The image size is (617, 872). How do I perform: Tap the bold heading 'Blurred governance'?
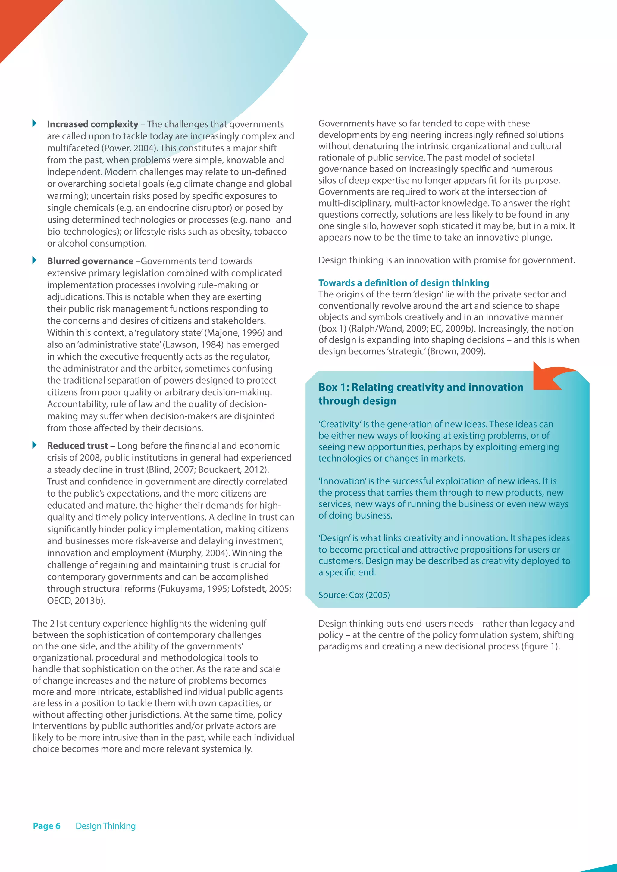(90, 261)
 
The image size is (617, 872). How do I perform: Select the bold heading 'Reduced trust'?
(77, 446)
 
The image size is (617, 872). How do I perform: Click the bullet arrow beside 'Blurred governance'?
(35, 260)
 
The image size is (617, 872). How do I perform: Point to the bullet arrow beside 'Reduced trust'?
(35, 445)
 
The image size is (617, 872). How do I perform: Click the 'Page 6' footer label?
(47, 826)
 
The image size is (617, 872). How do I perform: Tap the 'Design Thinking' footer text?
(106, 826)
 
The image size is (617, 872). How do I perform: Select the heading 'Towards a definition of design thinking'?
(403, 283)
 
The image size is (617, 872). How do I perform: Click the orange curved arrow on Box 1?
(551, 377)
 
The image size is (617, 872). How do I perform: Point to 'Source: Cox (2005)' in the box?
(354, 595)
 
